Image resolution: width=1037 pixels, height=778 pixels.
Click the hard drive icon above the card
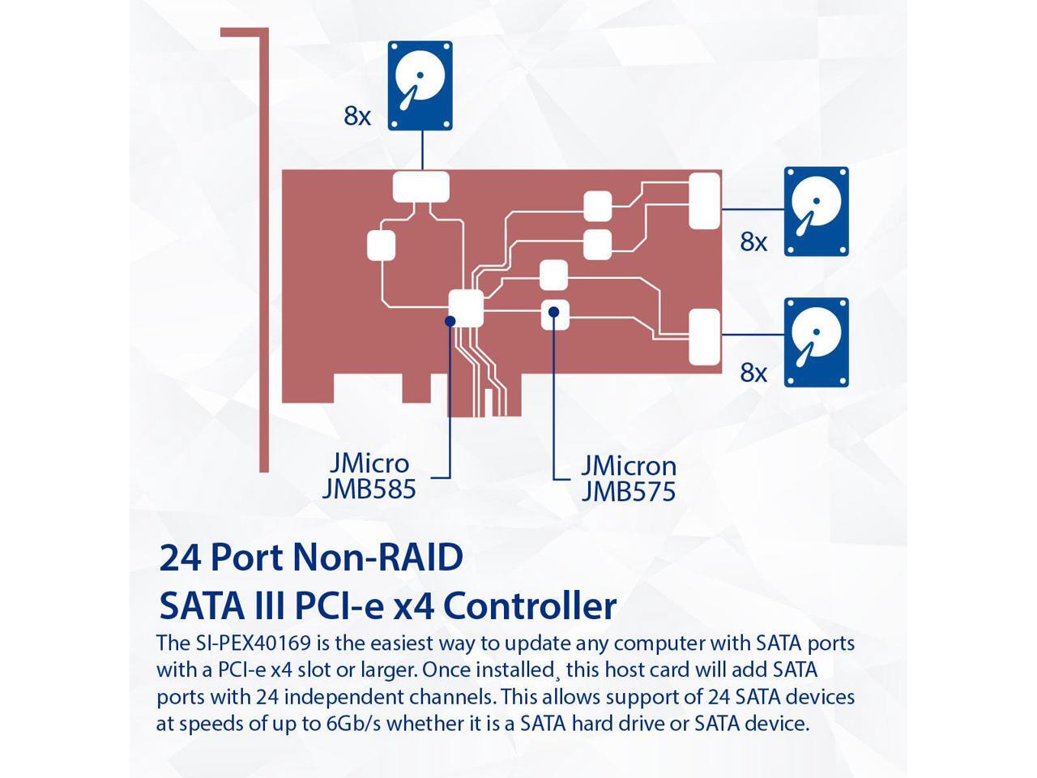pos(420,86)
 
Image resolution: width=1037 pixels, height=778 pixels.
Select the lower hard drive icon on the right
pos(816,341)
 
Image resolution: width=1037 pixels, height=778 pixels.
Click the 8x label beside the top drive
pos(357,116)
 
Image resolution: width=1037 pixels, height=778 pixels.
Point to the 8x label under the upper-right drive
pos(753,242)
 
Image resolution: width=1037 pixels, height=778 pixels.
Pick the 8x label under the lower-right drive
pos(753,372)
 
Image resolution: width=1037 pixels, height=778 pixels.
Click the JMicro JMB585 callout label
pos(369,476)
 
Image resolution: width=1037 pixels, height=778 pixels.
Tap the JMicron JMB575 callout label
pos(628,478)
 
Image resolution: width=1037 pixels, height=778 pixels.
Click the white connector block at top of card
pos(420,187)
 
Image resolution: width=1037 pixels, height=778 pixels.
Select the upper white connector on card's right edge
pos(704,201)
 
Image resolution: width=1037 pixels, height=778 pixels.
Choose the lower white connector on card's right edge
pos(704,337)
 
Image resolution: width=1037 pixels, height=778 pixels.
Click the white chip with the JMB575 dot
pos(554,314)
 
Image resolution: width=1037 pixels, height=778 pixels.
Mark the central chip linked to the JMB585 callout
pos(466,306)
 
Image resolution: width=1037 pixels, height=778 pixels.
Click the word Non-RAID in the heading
pos(377,558)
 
